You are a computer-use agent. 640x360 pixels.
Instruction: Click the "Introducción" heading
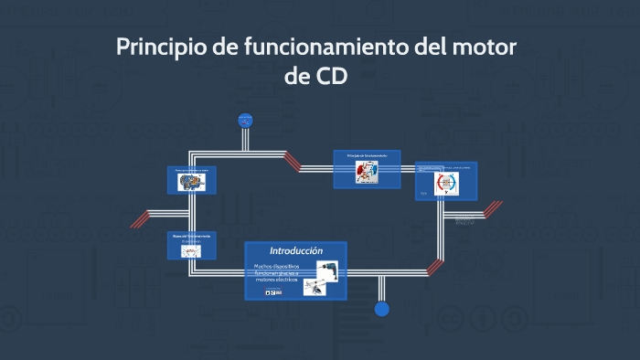click(x=296, y=250)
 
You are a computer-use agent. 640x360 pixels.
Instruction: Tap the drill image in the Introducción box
click(x=326, y=270)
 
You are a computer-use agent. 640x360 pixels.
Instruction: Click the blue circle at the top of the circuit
click(x=244, y=119)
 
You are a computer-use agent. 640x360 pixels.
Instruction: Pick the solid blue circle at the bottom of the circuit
click(x=382, y=309)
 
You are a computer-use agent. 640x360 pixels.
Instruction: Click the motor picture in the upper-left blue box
click(x=192, y=182)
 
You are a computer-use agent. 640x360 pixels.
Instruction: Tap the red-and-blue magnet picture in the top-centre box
click(x=366, y=173)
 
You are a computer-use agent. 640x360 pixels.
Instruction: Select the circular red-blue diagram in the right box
click(x=446, y=183)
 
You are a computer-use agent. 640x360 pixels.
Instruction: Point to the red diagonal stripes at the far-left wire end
click(x=139, y=218)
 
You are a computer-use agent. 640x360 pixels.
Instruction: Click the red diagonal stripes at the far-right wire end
click(x=492, y=208)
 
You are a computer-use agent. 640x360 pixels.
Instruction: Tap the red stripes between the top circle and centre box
click(x=292, y=162)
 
